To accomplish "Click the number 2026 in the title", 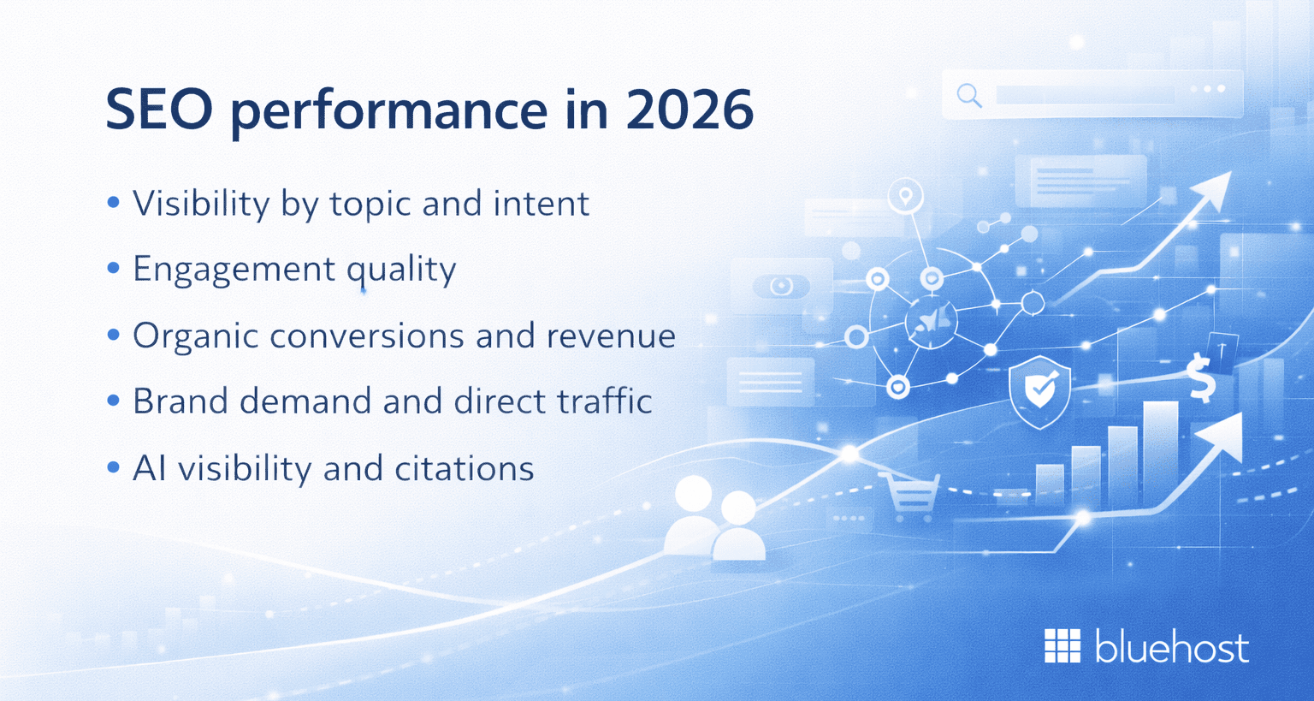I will pos(690,110).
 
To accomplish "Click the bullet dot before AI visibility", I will pos(113,468).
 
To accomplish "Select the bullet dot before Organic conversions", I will pos(113,336).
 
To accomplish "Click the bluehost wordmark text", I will pos(1171,647).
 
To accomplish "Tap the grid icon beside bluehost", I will pos(1062,646).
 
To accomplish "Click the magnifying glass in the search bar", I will pos(969,94).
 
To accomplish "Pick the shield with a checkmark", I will pos(1039,390).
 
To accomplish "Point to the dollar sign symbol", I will pos(1201,379).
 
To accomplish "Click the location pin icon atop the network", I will pos(905,196).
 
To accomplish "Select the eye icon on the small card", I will pos(781,286).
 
